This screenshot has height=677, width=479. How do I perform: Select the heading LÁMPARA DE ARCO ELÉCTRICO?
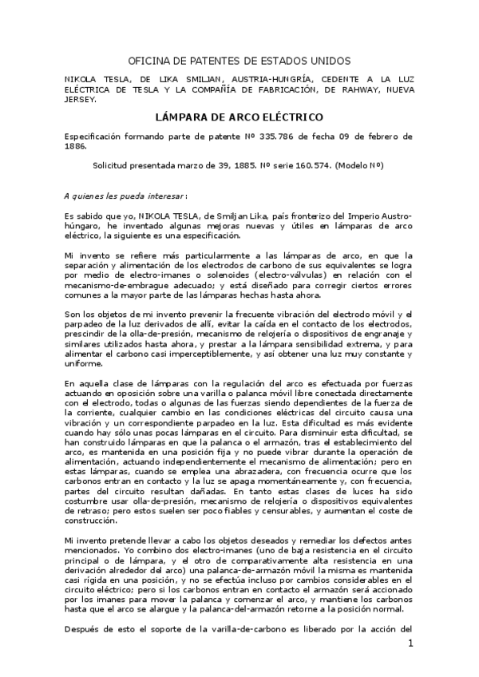[x=239, y=117]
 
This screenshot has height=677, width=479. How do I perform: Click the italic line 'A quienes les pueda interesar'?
[x=125, y=195]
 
